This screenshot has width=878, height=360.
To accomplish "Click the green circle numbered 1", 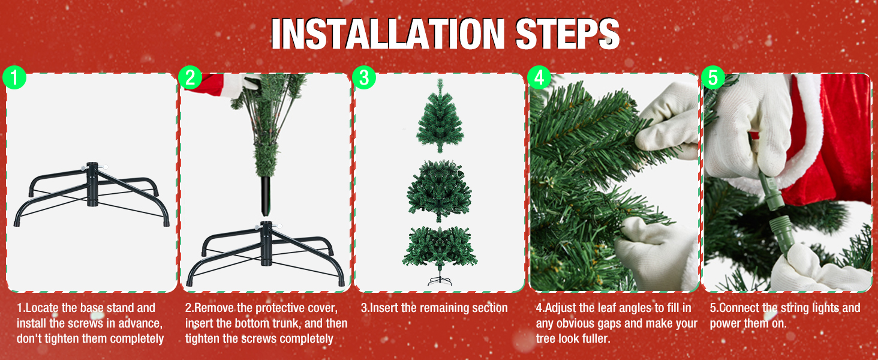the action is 14,77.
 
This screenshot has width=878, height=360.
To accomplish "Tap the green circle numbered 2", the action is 190,77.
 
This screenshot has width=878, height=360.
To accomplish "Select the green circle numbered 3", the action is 364,77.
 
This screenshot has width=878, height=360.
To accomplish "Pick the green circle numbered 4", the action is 539,77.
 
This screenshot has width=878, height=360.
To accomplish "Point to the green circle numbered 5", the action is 713,77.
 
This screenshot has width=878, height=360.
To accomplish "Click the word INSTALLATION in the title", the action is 388,34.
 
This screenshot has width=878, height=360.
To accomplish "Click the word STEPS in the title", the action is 567,34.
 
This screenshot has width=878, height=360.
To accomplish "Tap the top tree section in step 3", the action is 440,116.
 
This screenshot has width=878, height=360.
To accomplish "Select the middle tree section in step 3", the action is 440,191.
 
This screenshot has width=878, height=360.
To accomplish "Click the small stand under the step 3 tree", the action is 440,280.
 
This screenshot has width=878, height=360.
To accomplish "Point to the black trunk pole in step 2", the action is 266,196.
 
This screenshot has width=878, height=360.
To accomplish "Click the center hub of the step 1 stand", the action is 92,184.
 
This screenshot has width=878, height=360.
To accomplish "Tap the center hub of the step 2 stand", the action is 266,244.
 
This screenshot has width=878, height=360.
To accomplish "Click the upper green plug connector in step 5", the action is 771,191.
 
